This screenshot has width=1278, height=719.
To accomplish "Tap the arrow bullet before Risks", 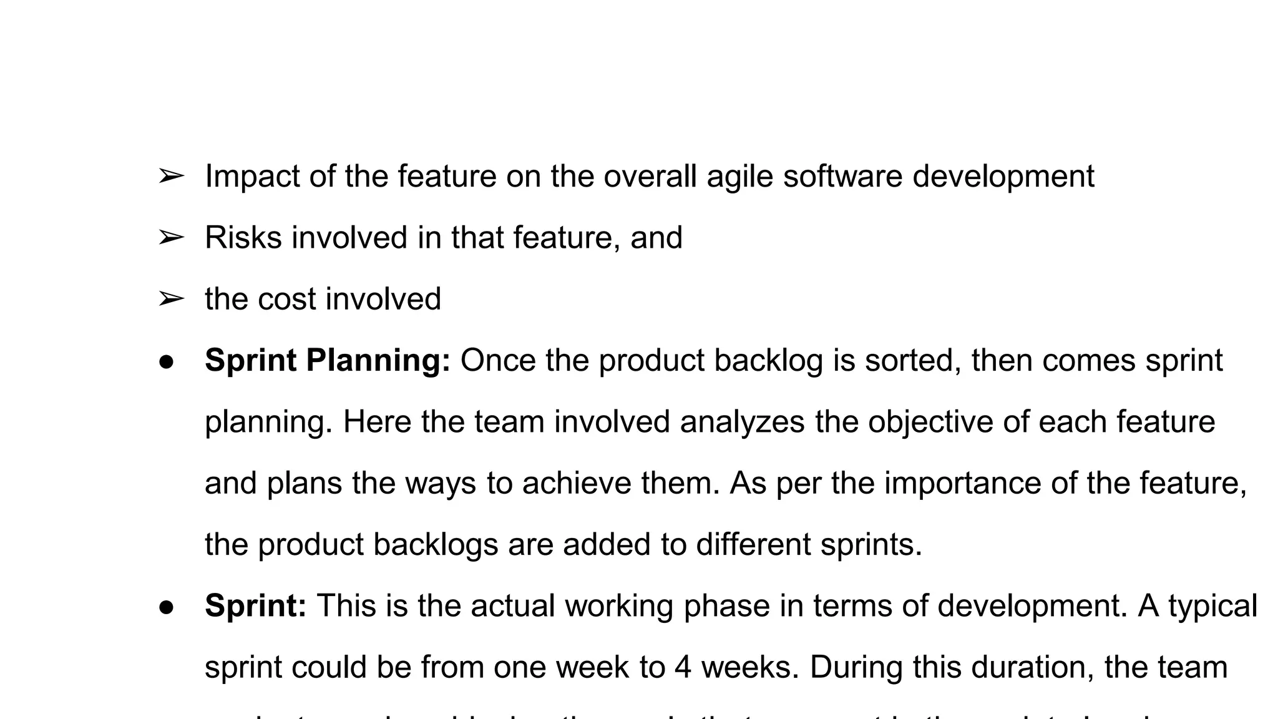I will coord(170,238).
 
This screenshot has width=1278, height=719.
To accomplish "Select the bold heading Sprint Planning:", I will coord(328,361).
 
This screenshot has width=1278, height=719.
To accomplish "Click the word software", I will coord(842,177).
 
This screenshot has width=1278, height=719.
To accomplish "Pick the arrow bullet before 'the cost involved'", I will coord(170,299).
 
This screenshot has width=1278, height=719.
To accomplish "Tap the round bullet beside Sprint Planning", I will coord(165,361).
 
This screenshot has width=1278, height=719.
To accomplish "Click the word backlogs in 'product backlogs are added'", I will coord(436,544).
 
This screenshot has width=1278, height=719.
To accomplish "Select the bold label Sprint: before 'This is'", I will coord(256,605).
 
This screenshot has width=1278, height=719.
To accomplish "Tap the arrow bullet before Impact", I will coord(170,177).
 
